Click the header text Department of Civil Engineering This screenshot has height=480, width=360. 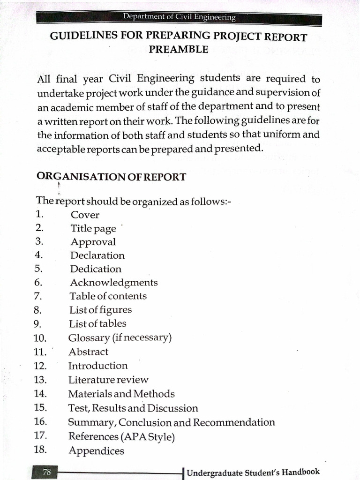[179, 17]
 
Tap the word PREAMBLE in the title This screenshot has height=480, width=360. [179, 49]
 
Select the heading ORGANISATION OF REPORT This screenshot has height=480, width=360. [111, 177]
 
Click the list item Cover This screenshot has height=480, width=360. [85, 215]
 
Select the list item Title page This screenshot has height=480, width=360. [93, 229]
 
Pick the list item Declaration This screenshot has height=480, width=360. [97, 255]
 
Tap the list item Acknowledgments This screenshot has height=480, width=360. [114, 283]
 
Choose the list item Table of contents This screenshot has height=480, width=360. [108, 296]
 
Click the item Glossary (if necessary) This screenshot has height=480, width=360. [120, 337]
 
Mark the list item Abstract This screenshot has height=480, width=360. [88, 352]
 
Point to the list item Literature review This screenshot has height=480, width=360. [108, 380]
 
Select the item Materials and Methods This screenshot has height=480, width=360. [121, 394]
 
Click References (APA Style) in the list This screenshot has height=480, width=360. [121, 436]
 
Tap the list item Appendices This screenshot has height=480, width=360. [96, 451]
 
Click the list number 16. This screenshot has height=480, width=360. [40, 421]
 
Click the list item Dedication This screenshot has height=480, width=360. [96, 269]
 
